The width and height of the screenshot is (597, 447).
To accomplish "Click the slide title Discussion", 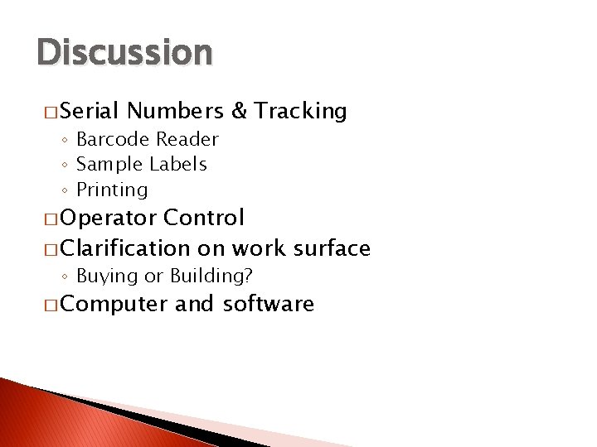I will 125,52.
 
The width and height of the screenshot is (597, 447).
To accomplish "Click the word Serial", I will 90,111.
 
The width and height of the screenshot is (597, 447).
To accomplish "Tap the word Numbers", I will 176,111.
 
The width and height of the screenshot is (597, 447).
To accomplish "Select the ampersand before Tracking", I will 239,111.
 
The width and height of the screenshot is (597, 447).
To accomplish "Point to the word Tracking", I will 300,112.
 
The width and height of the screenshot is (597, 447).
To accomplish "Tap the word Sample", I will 109,165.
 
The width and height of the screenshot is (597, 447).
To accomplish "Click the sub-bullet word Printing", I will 112,190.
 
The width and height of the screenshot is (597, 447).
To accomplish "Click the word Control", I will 204,219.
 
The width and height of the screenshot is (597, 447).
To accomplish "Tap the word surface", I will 328,248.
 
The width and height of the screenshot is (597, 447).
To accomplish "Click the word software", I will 268,305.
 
